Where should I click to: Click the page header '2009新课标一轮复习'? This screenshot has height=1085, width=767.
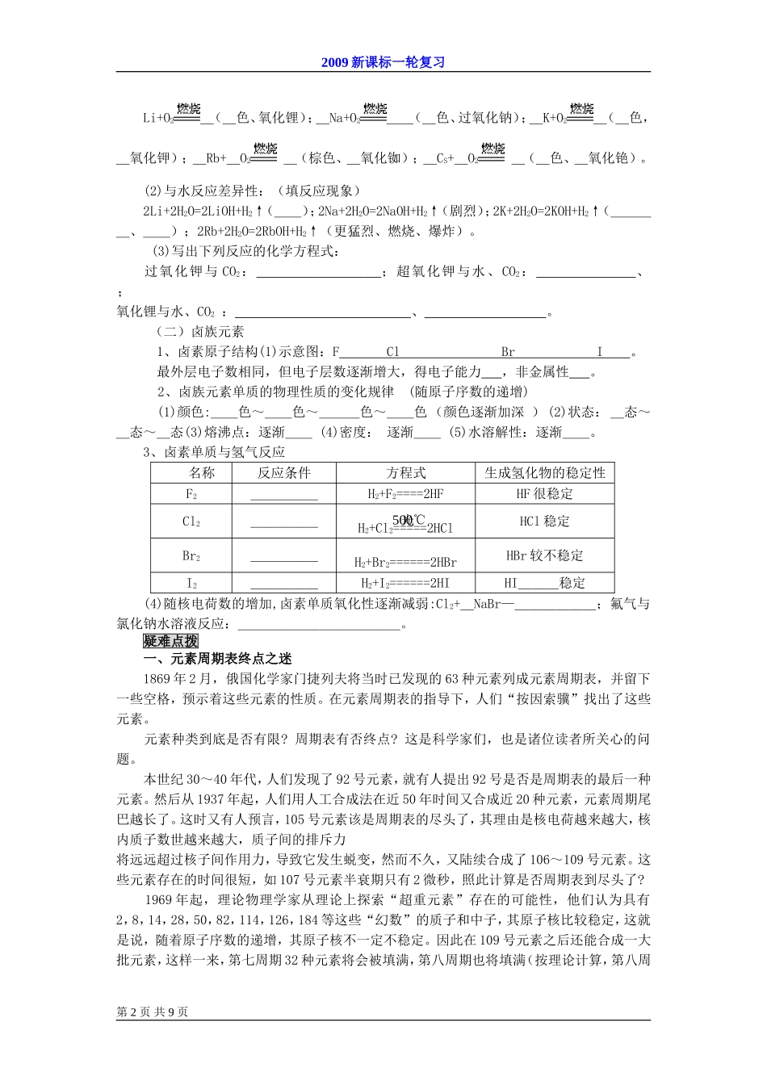click(383, 62)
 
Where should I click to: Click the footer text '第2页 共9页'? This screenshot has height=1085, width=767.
click(153, 1012)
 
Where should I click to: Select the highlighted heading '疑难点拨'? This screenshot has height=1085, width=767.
click(170, 640)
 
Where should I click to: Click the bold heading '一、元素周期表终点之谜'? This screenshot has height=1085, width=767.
click(218, 659)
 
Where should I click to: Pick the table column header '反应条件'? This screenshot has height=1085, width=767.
click(283, 473)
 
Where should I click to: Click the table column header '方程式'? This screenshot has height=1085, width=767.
click(405, 473)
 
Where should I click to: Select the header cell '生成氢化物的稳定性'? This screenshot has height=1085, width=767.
click(544, 473)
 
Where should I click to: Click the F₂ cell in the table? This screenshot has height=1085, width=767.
click(191, 494)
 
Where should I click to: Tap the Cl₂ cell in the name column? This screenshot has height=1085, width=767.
click(191, 522)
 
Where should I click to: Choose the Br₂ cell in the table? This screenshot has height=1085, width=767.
click(191, 555)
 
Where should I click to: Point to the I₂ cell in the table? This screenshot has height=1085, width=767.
click(191, 583)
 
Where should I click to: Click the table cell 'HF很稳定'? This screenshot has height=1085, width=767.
click(544, 494)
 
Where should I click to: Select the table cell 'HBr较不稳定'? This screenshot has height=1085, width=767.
click(544, 555)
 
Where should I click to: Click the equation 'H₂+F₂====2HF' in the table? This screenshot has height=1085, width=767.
click(405, 494)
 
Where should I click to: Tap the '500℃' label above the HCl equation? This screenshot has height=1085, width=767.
click(408, 519)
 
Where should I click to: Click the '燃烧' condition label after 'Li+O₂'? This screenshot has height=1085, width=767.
click(187, 110)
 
